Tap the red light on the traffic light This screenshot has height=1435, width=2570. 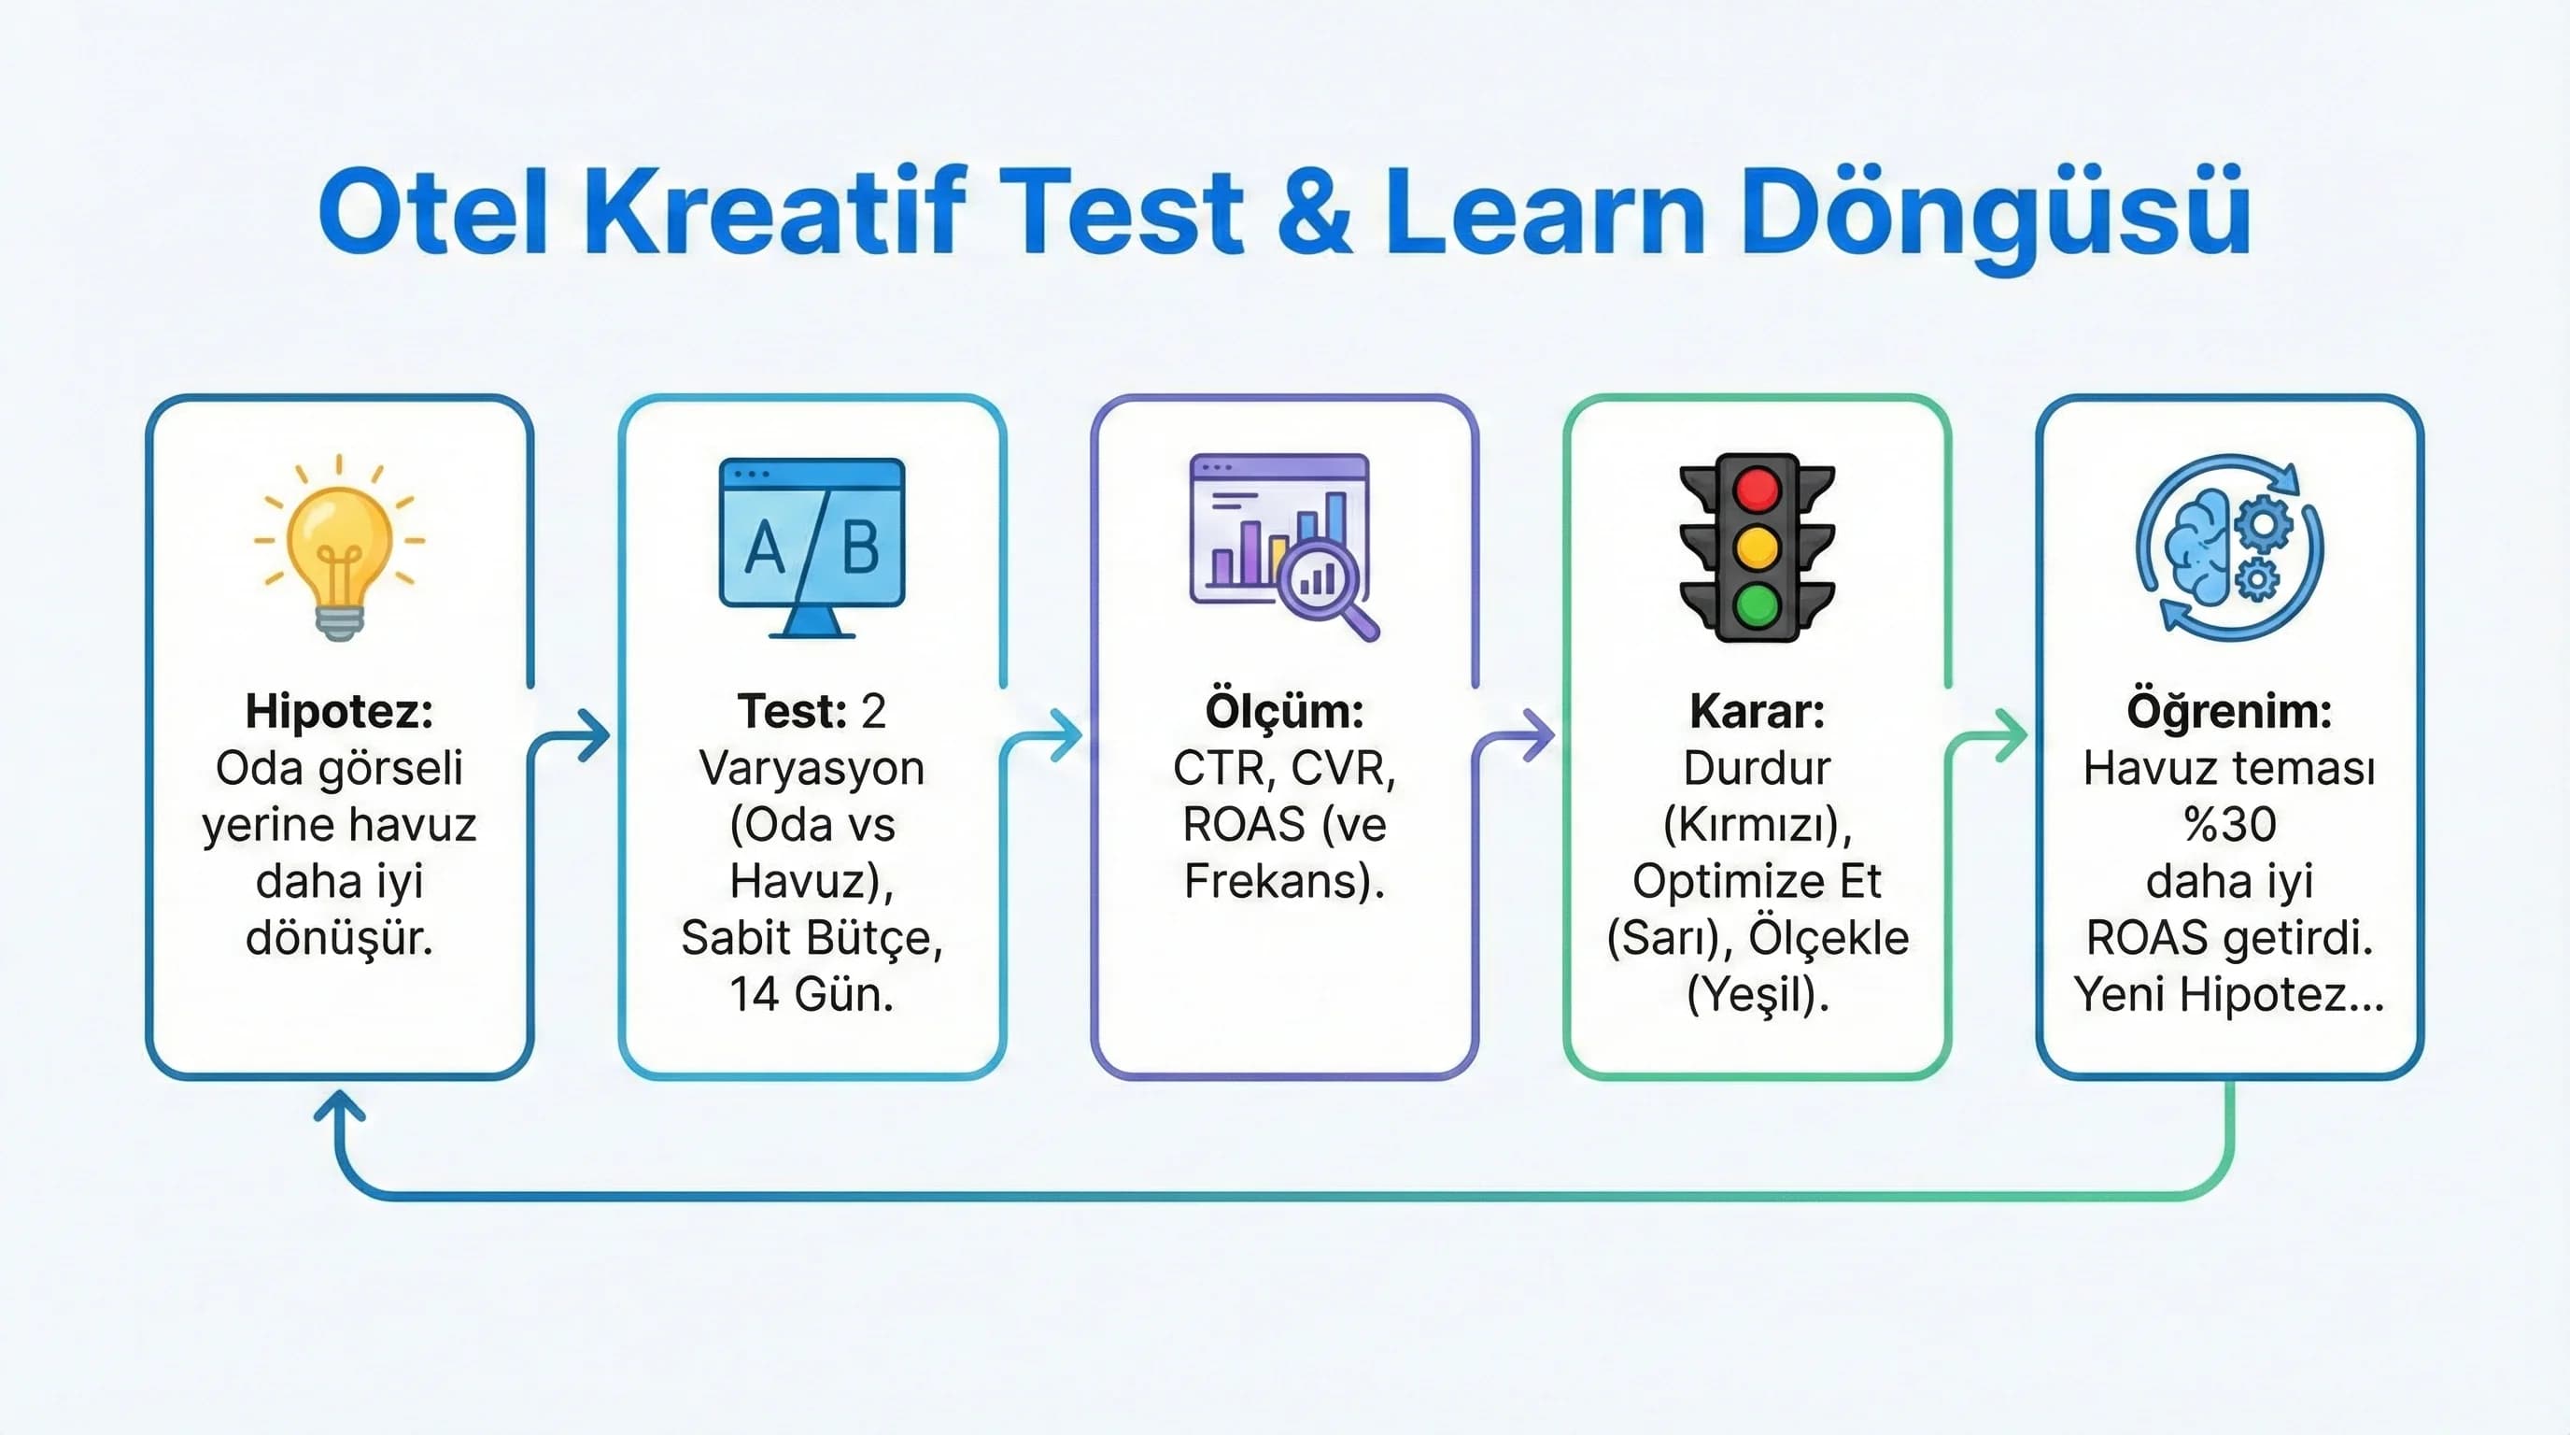pos(1757,491)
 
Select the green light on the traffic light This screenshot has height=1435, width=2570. pos(1757,604)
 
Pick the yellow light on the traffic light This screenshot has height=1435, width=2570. pos(1757,547)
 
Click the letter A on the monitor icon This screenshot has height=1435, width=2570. pos(765,548)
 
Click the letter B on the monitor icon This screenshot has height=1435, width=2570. pos(860,547)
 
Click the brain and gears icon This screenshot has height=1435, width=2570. pos(2229,547)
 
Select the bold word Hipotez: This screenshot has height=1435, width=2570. pos(339,712)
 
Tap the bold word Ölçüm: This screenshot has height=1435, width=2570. pos(1284,712)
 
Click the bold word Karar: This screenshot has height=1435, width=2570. pos(1757,712)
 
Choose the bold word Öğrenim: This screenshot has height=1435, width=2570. pos(2229,712)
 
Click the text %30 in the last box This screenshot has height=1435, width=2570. pos(2229,825)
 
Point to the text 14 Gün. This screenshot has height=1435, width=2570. pos(812,995)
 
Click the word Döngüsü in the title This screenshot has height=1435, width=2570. pos(1996,215)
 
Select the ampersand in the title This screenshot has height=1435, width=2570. pos(1314,215)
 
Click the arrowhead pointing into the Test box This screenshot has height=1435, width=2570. pos(596,737)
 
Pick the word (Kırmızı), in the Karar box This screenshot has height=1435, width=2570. pos(1757,825)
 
